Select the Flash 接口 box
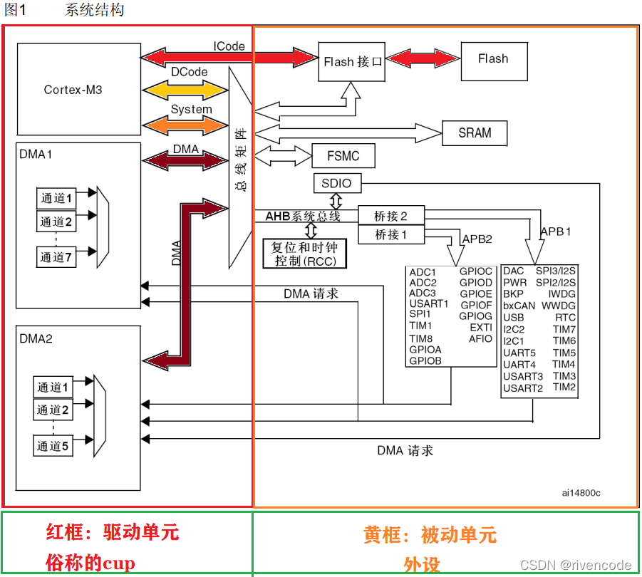pyautogui.click(x=353, y=62)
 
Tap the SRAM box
pyautogui.click(x=475, y=133)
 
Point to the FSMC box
pyautogui.click(x=343, y=156)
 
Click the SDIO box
pyautogui.click(x=336, y=183)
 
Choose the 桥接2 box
pyautogui.click(x=391, y=215)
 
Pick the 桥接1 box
pyautogui.click(x=391, y=234)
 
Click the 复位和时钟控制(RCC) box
pyautogui.click(x=305, y=254)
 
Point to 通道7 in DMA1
pyautogui.click(x=56, y=257)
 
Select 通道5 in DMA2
pyautogui.click(x=53, y=447)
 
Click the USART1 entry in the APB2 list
pyautogui.click(x=429, y=303)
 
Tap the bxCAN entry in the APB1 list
pyautogui.click(x=519, y=306)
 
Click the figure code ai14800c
pyautogui.click(x=580, y=492)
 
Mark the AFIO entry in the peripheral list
pyautogui.click(x=480, y=338)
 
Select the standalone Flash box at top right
pyautogui.click(x=493, y=59)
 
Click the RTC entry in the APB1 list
pyautogui.click(x=566, y=317)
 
